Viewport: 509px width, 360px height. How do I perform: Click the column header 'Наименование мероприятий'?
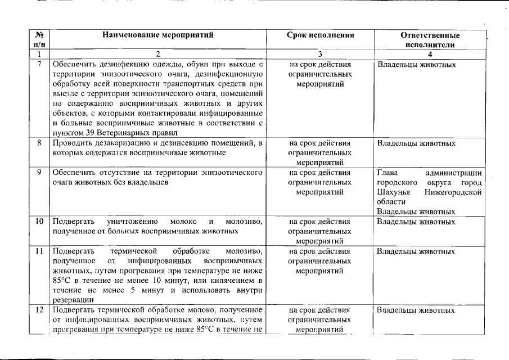pyautogui.click(x=158, y=35)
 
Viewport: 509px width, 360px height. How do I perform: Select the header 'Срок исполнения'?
pyautogui.click(x=320, y=35)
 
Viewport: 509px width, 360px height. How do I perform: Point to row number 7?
pyautogui.click(x=39, y=64)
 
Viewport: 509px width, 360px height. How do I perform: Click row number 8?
pyautogui.click(x=39, y=143)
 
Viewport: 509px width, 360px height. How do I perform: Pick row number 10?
pyautogui.click(x=39, y=222)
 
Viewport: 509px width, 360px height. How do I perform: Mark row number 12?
pyautogui.click(x=39, y=310)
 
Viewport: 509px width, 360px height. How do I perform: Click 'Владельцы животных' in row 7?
pyautogui.click(x=416, y=64)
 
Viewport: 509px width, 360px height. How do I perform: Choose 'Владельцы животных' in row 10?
pyautogui.click(x=416, y=222)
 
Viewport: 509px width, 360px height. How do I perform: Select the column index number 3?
pyautogui.click(x=320, y=54)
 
